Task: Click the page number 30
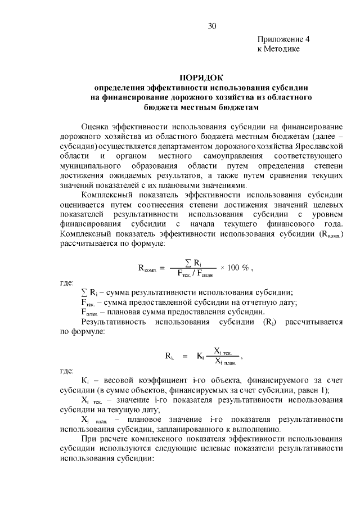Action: pyautogui.click(x=211, y=26)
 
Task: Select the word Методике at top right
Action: pyautogui.click(x=282, y=49)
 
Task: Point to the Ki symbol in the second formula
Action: pyautogui.click(x=200, y=356)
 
